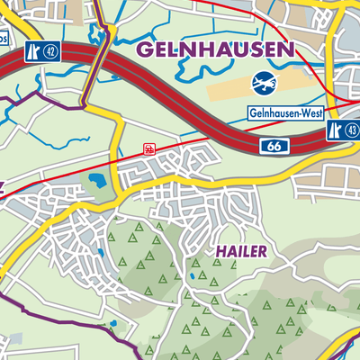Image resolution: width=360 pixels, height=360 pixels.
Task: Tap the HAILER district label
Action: [x=240, y=251]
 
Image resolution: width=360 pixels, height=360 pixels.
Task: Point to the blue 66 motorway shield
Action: [x=274, y=145]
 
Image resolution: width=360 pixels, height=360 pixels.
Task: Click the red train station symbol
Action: [x=148, y=148]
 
